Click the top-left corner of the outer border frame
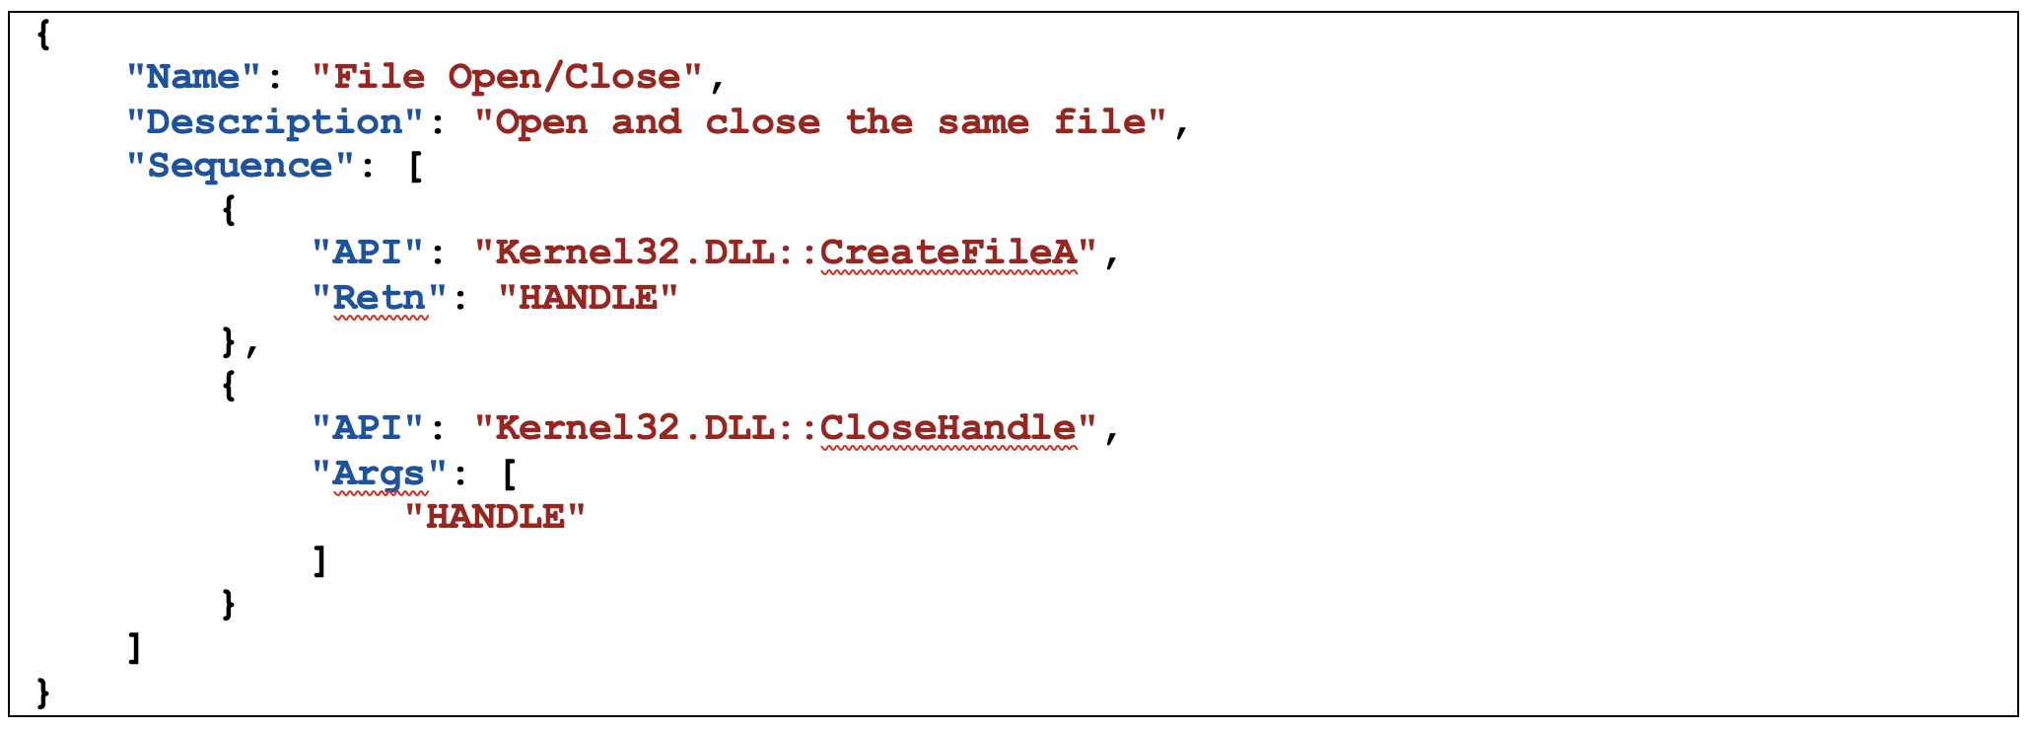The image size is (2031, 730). [10, 13]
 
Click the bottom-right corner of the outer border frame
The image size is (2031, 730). [2018, 715]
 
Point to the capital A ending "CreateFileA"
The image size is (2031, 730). [1065, 252]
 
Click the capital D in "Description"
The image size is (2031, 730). [160, 121]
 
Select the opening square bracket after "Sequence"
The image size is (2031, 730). [415, 166]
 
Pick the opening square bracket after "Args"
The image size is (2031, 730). [509, 474]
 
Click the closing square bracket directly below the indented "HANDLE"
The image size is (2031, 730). [319, 560]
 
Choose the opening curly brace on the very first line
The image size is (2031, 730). [42, 35]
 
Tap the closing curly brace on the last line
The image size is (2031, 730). [42, 693]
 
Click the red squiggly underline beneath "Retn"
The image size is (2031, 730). [381, 319]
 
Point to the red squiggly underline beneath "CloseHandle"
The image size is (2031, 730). [949, 449]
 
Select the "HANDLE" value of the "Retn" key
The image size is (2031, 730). [589, 297]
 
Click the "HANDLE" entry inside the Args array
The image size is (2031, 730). [496, 516]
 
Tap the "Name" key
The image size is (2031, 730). [194, 76]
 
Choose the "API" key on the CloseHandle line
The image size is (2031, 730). [369, 428]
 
